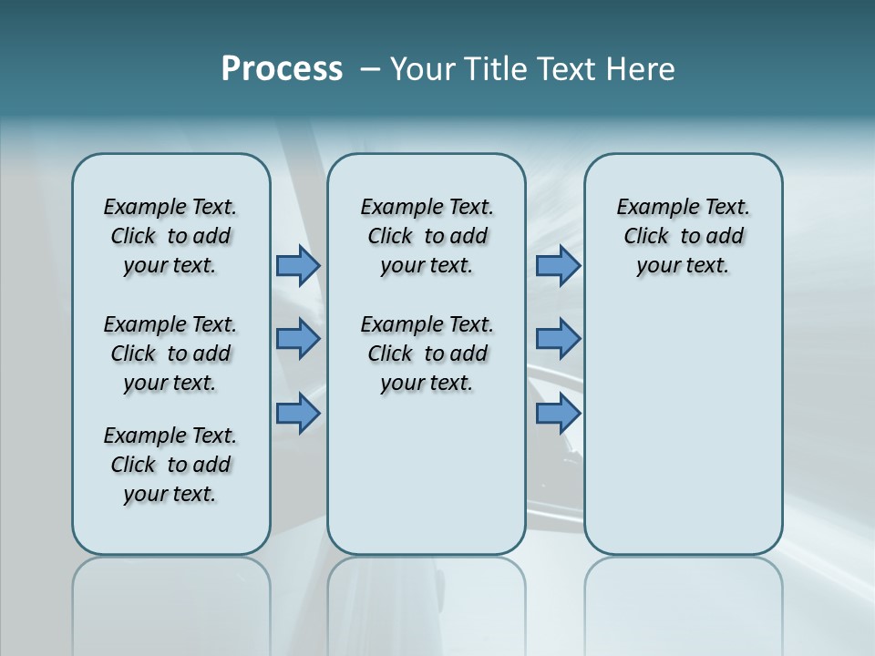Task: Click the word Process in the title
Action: pyautogui.click(x=282, y=68)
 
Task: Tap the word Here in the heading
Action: pyautogui.click(x=638, y=68)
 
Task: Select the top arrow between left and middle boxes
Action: pyautogui.click(x=298, y=266)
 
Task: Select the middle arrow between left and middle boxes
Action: pyautogui.click(x=298, y=339)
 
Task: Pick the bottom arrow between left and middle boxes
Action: pyautogui.click(x=298, y=414)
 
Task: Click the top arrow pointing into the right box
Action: pyautogui.click(x=558, y=266)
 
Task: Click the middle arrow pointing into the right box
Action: pyautogui.click(x=558, y=339)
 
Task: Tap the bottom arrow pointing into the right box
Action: pyautogui.click(x=558, y=414)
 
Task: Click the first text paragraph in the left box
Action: pyautogui.click(x=170, y=236)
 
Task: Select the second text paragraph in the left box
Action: pyautogui.click(x=170, y=354)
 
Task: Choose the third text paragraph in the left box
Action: pyautogui.click(x=170, y=465)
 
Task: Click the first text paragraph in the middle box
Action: pyautogui.click(x=427, y=236)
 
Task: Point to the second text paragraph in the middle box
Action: pyautogui.click(x=427, y=354)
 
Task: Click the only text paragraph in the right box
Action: pyautogui.click(x=683, y=236)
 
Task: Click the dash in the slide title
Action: pyautogui.click(x=369, y=69)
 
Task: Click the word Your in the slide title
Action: pyautogui.click(x=421, y=68)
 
